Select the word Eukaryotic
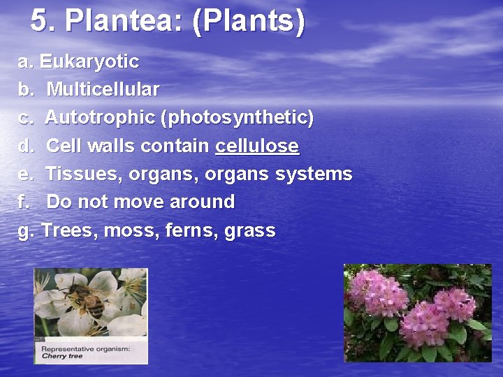point(89,61)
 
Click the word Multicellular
point(103,89)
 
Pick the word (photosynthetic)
point(237,118)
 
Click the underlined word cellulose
point(257,146)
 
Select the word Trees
point(69,230)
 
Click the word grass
point(250,231)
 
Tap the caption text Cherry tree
point(63,356)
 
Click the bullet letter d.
point(26,146)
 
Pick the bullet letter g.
point(26,231)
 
